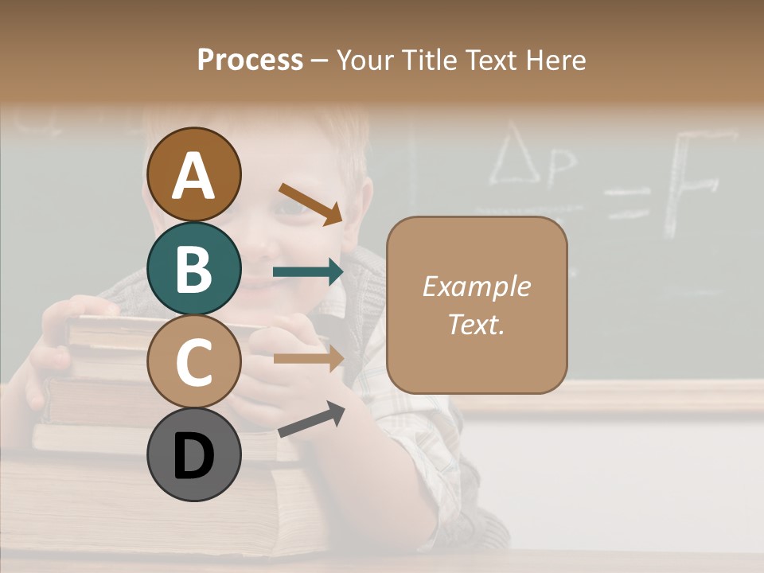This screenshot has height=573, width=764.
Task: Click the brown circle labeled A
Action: pos(193,174)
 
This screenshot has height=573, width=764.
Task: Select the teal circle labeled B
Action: pos(193,268)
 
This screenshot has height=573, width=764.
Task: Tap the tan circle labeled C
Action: pos(193,361)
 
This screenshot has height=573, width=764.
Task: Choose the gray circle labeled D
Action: pos(193,454)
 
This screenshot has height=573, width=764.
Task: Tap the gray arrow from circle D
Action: pos(311,419)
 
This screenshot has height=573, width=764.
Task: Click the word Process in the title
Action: pos(250,60)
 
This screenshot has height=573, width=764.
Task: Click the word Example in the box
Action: pos(477,286)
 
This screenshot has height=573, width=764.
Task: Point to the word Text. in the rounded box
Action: pos(477,324)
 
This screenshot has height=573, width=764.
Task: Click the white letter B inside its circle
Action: pos(193,268)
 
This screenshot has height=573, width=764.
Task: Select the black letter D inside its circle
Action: pos(193,456)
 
